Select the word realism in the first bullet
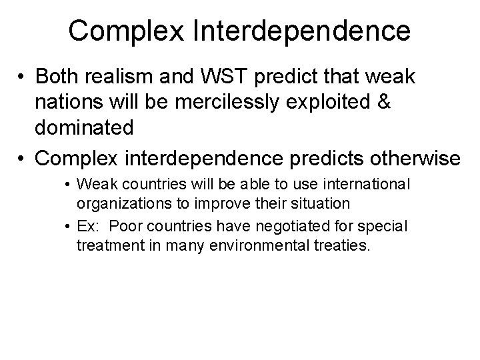tap(124, 78)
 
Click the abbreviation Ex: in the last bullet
tap(87, 226)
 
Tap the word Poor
tap(122, 226)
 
